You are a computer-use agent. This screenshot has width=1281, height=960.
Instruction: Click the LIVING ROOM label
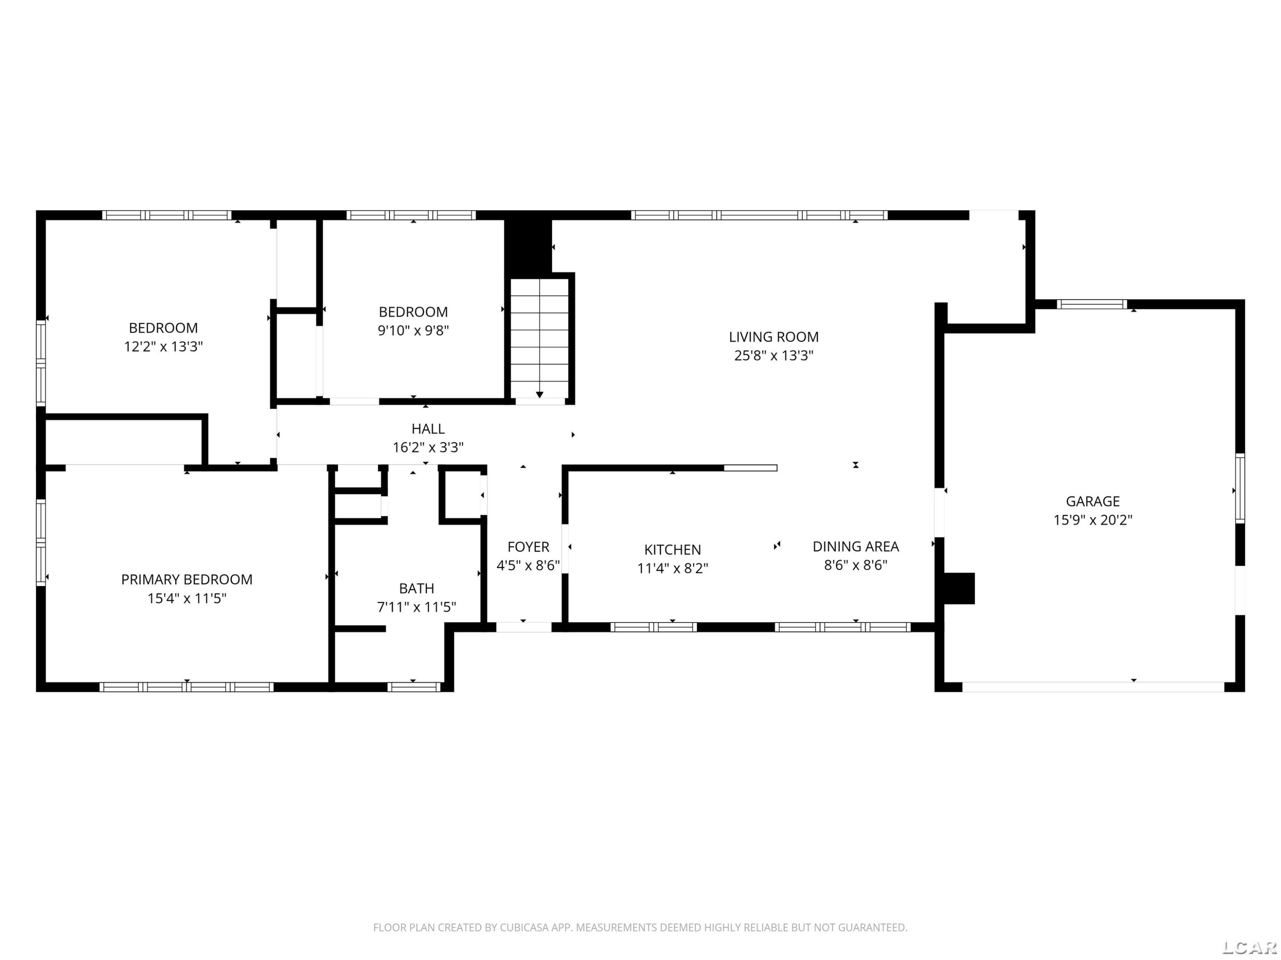click(774, 337)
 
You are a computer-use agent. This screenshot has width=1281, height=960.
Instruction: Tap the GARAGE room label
click(1093, 501)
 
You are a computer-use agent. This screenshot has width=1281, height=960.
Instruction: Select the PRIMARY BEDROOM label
click(187, 579)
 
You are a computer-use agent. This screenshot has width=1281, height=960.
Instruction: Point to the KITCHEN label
click(673, 550)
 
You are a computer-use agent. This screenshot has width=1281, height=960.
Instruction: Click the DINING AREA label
click(855, 546)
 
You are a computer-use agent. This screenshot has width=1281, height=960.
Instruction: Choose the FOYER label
click(528, 547)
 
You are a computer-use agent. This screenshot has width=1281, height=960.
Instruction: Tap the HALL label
click(428, 429)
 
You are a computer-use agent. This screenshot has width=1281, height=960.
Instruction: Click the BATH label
click(416, 588)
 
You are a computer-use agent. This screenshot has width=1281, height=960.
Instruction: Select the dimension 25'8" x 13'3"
click(774, 355)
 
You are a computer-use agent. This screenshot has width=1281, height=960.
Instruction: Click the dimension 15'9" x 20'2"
click(1093, 520)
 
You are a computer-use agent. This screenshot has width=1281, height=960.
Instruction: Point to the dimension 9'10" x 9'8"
click(413, 330)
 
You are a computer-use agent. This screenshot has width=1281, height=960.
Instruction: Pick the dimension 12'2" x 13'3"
click(163, 346)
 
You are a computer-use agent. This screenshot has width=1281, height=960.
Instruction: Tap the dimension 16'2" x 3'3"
click(428, 447)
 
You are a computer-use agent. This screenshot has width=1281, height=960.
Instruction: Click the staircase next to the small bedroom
click(540, 338)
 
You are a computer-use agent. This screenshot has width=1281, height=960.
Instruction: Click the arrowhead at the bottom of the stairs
click(540, 395)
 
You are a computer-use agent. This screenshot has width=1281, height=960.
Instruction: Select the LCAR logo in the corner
click(1249, 947)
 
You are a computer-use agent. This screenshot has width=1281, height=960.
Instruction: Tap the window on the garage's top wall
click(1092, 304)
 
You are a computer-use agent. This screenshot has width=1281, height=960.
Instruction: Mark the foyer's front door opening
click(524, 627)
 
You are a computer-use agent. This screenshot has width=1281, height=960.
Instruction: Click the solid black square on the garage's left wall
click(959, 588)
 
